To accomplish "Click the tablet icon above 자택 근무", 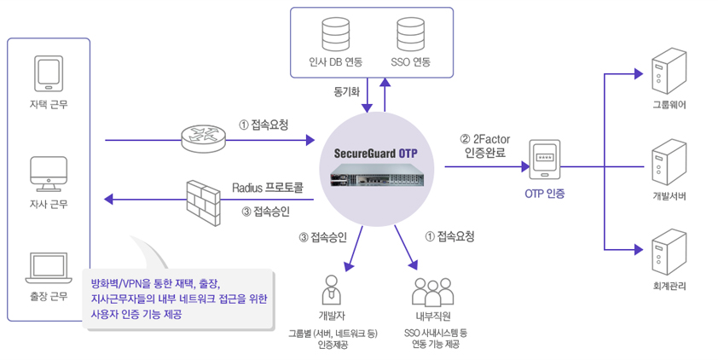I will coord(48,73).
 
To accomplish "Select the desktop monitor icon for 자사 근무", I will coord(48,173).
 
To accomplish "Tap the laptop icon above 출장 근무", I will coord(48,268).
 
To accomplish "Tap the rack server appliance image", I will coord(376,180).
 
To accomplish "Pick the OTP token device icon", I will coord(545,160).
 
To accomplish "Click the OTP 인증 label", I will coord(545,195).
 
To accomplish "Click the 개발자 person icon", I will coord(332,291).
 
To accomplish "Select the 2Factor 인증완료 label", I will coord(485,146).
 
